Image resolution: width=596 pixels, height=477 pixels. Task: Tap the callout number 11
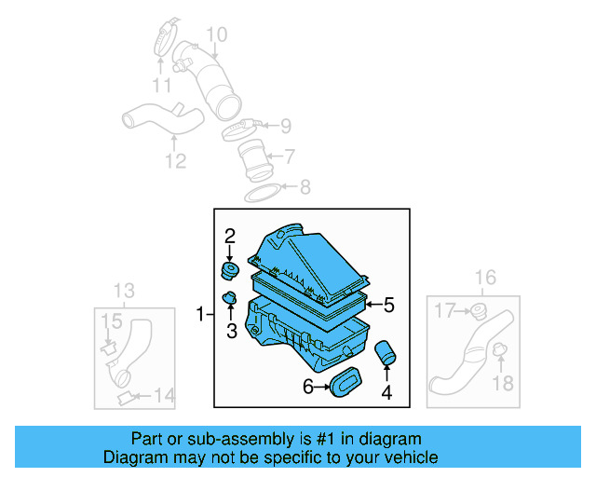(162, 86)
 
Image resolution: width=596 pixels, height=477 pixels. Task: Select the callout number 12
(175, 161)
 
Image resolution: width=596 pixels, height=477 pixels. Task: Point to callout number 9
(285, 125)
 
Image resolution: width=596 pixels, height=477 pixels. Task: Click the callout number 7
(290, 156)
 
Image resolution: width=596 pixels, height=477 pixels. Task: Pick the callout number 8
(305, 187)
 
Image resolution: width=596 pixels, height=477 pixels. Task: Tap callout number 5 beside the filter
(388, 305)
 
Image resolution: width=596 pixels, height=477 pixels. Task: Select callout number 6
(308, 386)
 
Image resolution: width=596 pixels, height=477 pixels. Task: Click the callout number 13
(124, 291)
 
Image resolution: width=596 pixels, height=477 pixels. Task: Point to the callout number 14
(163, 396)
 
